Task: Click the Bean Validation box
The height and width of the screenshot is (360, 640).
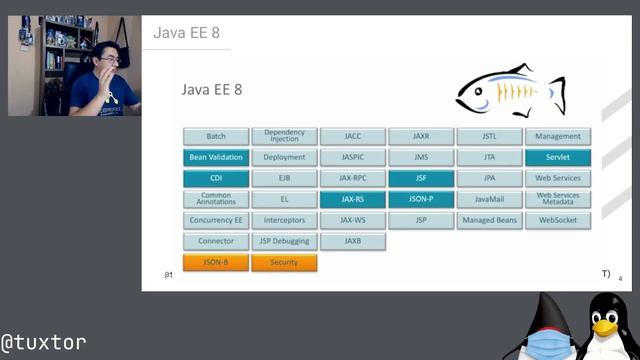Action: [x=216, y=157]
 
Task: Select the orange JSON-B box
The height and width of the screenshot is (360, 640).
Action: [x=216, y=262]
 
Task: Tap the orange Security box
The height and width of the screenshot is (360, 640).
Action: [x=284, y=262]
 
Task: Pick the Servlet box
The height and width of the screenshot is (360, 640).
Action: [x=557, y=157]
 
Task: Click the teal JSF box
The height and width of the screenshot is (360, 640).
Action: [x=421, y=178]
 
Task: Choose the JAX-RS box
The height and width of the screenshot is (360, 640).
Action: [x=353, y=199]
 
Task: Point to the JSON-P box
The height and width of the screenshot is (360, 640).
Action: [x=421, y=199]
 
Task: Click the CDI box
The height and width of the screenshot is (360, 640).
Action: [x=216, y=178]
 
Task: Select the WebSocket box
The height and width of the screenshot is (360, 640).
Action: [x=557, y=220]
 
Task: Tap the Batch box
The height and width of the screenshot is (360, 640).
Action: [x=216, y=136]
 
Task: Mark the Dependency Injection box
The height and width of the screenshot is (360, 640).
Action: [x=284, y=136]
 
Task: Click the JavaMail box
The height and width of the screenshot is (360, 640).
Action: [x=489, y=199]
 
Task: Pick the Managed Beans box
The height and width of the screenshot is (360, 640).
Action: [x=489, y=220]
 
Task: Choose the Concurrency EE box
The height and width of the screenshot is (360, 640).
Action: [x=216, y=220]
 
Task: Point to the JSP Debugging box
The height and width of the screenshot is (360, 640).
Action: [x=284, y=241]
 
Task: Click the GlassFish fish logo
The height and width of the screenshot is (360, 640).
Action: [x=510, y=92]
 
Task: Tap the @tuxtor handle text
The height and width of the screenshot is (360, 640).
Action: [x=43, y=341]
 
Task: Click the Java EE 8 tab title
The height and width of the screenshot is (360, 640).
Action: [x=186, y=32]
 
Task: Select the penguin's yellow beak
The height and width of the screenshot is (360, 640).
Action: [x=604, y=326]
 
